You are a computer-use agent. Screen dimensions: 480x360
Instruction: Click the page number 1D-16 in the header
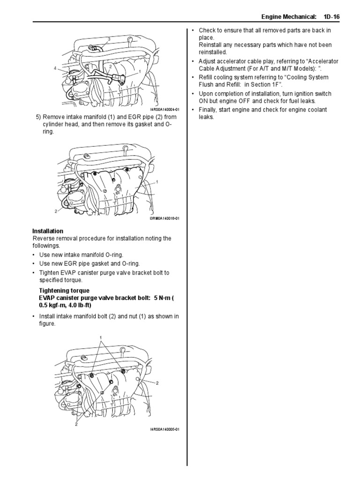[331, 16]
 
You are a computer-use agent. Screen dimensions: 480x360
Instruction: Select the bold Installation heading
[47, 231]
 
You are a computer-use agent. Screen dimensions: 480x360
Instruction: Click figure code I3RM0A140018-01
[165, 218]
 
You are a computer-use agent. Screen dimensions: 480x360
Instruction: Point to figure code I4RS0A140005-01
[165, 428]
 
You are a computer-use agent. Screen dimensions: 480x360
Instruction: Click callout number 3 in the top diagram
[109, 38]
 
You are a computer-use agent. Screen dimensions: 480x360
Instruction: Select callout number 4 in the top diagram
[55, 68]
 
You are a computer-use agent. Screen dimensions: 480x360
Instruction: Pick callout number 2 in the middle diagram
[55, 211]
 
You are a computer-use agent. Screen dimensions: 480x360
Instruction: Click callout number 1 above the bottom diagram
[100, 337]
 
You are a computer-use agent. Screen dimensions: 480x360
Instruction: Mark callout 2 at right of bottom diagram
[157, 383]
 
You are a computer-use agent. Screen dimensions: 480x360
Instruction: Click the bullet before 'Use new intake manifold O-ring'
[34, 255]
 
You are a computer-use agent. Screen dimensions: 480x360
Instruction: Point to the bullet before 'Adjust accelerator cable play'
[194, 61]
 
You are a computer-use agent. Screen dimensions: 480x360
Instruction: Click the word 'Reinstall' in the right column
[211, 45]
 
